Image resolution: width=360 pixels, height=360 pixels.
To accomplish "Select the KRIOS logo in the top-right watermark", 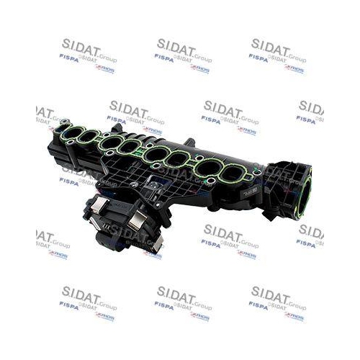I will pyautogui.click(x=294, y=68).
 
